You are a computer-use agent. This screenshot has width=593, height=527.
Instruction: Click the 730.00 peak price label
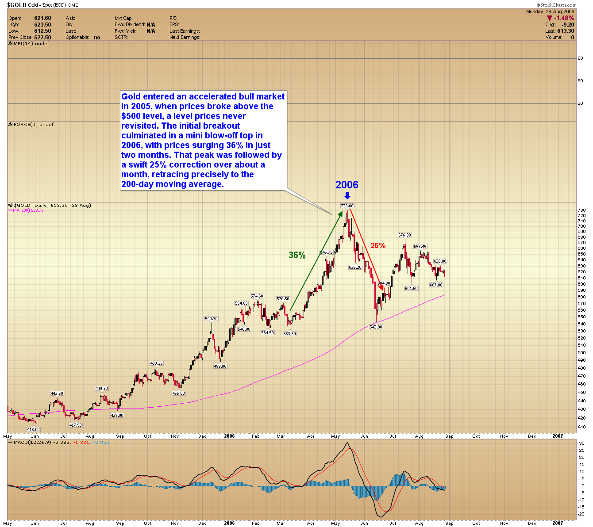pyautogui.click(x=347, y=206)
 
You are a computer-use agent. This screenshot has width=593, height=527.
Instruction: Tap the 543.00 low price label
pyautogui.click(x=376, y=327)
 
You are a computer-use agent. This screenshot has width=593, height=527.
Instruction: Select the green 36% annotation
pyautogui.click(x=297, y=255)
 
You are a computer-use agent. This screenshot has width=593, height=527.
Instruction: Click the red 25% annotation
pyautogui.click(x=378, y=246)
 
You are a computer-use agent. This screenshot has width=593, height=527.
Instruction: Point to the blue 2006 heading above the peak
pyautogui.click(x=347, y=185)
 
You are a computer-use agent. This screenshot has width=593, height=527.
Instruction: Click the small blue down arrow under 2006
pyautogui.click(x=347, y=196)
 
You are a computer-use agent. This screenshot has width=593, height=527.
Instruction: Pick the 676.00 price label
pyautogui.click(x=404, y=235)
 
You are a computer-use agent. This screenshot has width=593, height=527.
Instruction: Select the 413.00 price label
pyautogui.click(x=34, y=429)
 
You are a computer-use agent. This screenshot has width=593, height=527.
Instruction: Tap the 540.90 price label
pyautogui.click(x=211, y=319)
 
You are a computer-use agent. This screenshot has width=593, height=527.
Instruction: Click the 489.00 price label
pyautogui.click(x=220, y=366)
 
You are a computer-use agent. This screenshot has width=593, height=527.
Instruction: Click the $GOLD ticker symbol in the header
pyautogui.click(x=16, y=5)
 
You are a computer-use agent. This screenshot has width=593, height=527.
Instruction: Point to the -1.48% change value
pyautogui.click(x=564, y=18)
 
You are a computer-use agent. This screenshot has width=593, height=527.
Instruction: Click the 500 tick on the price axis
pyautogui.click(x=581, y=353)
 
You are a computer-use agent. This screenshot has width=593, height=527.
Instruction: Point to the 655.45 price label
pyautogui.click(x=420, y=247)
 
